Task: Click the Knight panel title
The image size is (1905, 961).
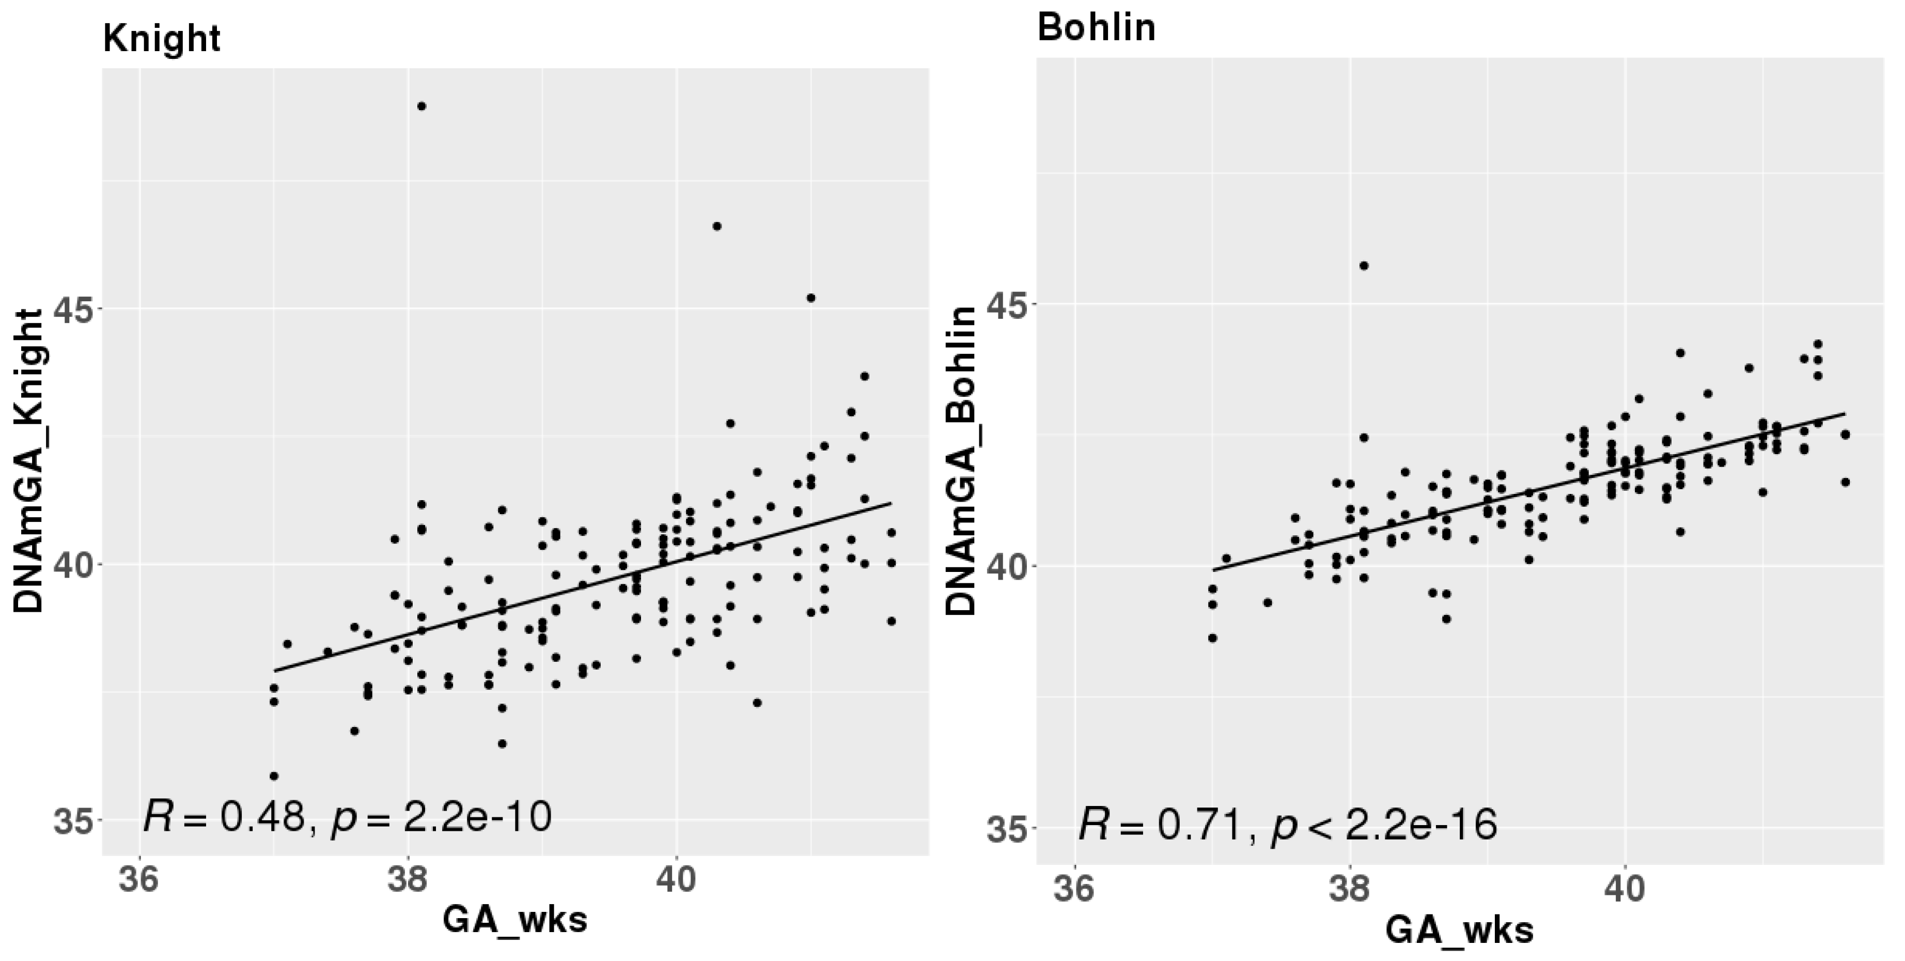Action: click(x=161, y=38)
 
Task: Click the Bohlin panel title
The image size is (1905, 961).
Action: click(x=1096, y=28)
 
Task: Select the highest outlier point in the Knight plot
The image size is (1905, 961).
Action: click(x=421, y=106)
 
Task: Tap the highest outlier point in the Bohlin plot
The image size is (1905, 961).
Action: click(x=1364, y=266)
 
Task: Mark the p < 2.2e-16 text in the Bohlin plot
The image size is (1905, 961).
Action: click(x=1384, y=826)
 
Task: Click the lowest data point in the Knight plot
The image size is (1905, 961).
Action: click(x=274, y=776)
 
